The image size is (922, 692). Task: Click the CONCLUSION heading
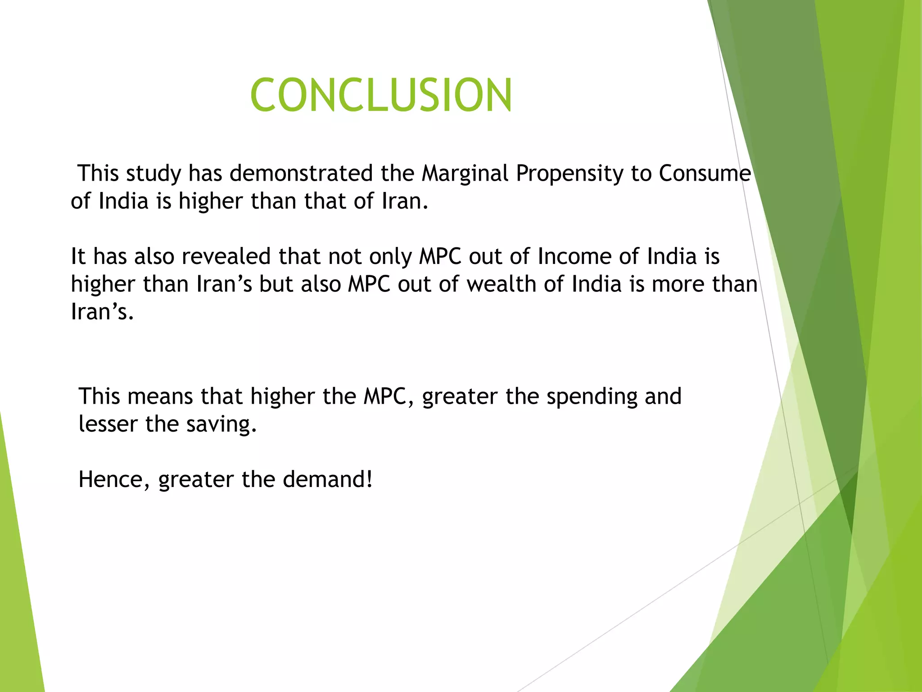381,95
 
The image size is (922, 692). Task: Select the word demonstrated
301,174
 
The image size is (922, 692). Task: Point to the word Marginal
465,174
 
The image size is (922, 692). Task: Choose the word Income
574,257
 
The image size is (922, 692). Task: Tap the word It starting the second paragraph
78,257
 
